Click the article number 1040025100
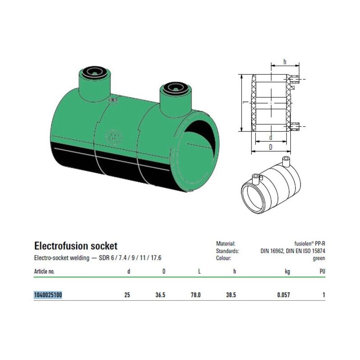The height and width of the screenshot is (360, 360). [48, 295]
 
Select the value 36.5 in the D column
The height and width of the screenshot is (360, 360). [160, 295]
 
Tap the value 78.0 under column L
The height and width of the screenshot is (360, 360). [196, 295]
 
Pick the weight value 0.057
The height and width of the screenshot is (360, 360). [283, 295]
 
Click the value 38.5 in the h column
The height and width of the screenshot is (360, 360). [231, 295]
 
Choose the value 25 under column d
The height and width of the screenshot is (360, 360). [127, 295]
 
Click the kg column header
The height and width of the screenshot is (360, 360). [287, 272]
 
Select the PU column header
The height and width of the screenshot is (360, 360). [322, 271]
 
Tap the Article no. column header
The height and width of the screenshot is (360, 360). [44, 271]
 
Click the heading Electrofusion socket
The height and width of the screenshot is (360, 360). [76, 246]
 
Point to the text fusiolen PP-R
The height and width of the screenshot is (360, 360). [310, 244]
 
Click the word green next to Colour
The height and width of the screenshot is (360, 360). [319, 258]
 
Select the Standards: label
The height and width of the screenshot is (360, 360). [227, 251]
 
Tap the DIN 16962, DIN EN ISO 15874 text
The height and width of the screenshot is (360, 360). [293, 251]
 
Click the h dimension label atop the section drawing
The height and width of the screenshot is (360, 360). [285, 62]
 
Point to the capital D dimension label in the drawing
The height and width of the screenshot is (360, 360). [271, 147]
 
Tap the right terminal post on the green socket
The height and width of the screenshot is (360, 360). [176, 100]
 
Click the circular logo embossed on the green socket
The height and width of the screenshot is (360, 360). [114, 138]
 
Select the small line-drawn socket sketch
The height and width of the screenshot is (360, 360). [271, 185]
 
